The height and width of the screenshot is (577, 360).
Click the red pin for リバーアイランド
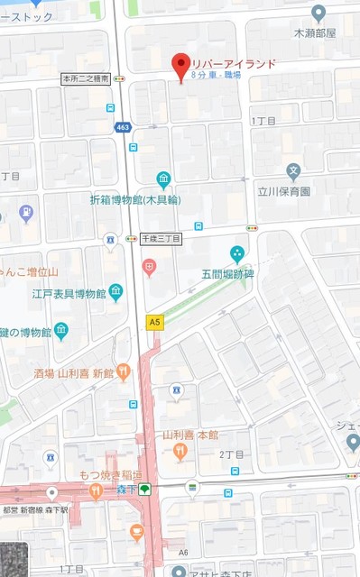(181, 64)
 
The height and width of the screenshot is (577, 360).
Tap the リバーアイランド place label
(233, 64)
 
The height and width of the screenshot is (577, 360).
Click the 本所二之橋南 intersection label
(86, 79)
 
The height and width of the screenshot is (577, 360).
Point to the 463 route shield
(122, 128)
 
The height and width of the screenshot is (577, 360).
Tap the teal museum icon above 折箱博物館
(163, 179)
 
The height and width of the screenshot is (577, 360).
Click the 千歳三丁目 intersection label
(162, 239)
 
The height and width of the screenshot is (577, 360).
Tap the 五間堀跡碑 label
(228, 273)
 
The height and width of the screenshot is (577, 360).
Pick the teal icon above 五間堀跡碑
(237, 252)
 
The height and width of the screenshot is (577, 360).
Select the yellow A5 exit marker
(155, 320)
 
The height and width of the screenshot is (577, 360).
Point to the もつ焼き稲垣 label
(60, 474)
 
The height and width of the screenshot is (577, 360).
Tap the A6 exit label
(183, 552)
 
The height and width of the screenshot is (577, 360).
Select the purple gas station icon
(26, 214)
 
